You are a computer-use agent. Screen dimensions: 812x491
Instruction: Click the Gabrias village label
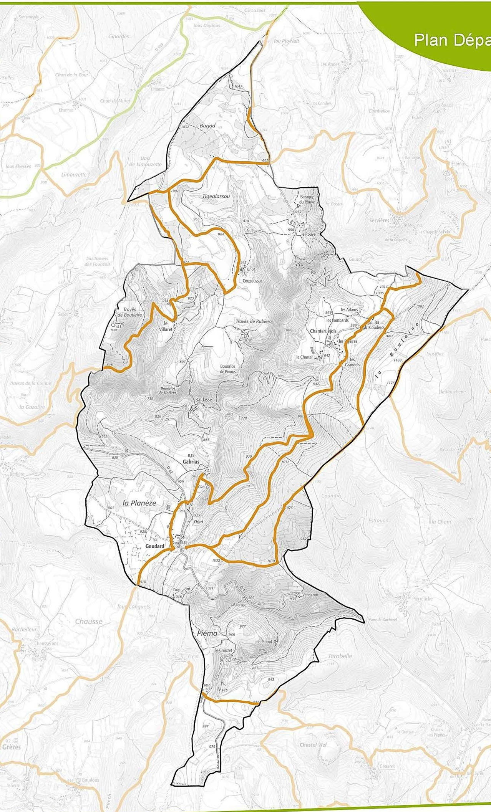point(191,462)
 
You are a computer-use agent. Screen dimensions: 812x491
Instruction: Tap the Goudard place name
point(155,546)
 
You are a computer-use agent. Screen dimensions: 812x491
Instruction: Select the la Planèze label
point(139,503)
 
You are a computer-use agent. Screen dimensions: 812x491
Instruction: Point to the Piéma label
point(207,633)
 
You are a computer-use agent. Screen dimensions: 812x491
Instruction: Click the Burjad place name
point(207,126)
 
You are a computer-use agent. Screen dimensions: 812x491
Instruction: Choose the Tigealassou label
point(216,196)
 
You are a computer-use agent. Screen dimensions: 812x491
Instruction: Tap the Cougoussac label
point(252,281)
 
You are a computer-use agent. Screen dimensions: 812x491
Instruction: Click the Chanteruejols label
point(323,331)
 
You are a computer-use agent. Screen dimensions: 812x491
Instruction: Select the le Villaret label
point(166,326)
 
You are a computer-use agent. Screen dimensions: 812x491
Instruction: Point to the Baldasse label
point(204,400)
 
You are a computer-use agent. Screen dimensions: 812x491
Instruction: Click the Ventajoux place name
point(310,595)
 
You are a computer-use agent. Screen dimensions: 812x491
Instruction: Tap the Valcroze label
point(239,605)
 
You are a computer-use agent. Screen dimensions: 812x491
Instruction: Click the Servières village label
point(379,220)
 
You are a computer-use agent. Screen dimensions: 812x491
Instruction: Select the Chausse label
point(89,622)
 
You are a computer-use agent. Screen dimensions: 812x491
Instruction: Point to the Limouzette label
point(74,175)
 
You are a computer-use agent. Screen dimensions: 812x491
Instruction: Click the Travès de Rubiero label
point(254,321)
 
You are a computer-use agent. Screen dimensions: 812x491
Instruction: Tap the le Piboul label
point(264,642)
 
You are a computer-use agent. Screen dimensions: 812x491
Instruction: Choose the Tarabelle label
point(340,656)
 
